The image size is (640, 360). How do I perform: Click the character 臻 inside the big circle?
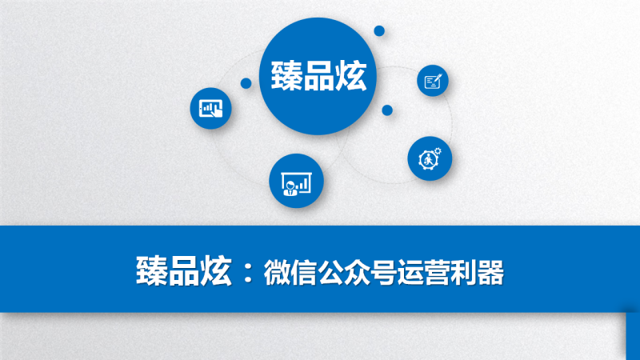click(286, 76)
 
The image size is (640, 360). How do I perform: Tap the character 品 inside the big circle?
click(318, 76)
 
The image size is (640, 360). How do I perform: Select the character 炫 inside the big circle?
click(350, 76)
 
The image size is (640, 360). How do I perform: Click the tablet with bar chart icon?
click(210, 109)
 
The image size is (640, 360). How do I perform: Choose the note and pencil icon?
click(433, 81)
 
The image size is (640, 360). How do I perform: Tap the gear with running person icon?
click(430, 158)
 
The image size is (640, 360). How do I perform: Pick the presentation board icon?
click(296, 183)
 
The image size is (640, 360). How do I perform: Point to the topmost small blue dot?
click(379, 30)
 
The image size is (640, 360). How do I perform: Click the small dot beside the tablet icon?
click(246, 83)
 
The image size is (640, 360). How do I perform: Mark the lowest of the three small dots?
click(387, 110)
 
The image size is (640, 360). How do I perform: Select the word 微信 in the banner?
click(290, 272)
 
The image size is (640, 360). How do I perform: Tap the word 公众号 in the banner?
click(357, 272)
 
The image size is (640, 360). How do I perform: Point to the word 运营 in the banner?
click(424, 272)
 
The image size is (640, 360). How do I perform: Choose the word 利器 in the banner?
click(477, 272)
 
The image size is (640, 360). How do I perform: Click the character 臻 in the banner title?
click(151, 271)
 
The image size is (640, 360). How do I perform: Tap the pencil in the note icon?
click(437, 78)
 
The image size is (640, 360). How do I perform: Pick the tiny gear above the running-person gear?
click(438, 151)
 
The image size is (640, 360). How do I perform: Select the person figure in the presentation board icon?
click(290, 188)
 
